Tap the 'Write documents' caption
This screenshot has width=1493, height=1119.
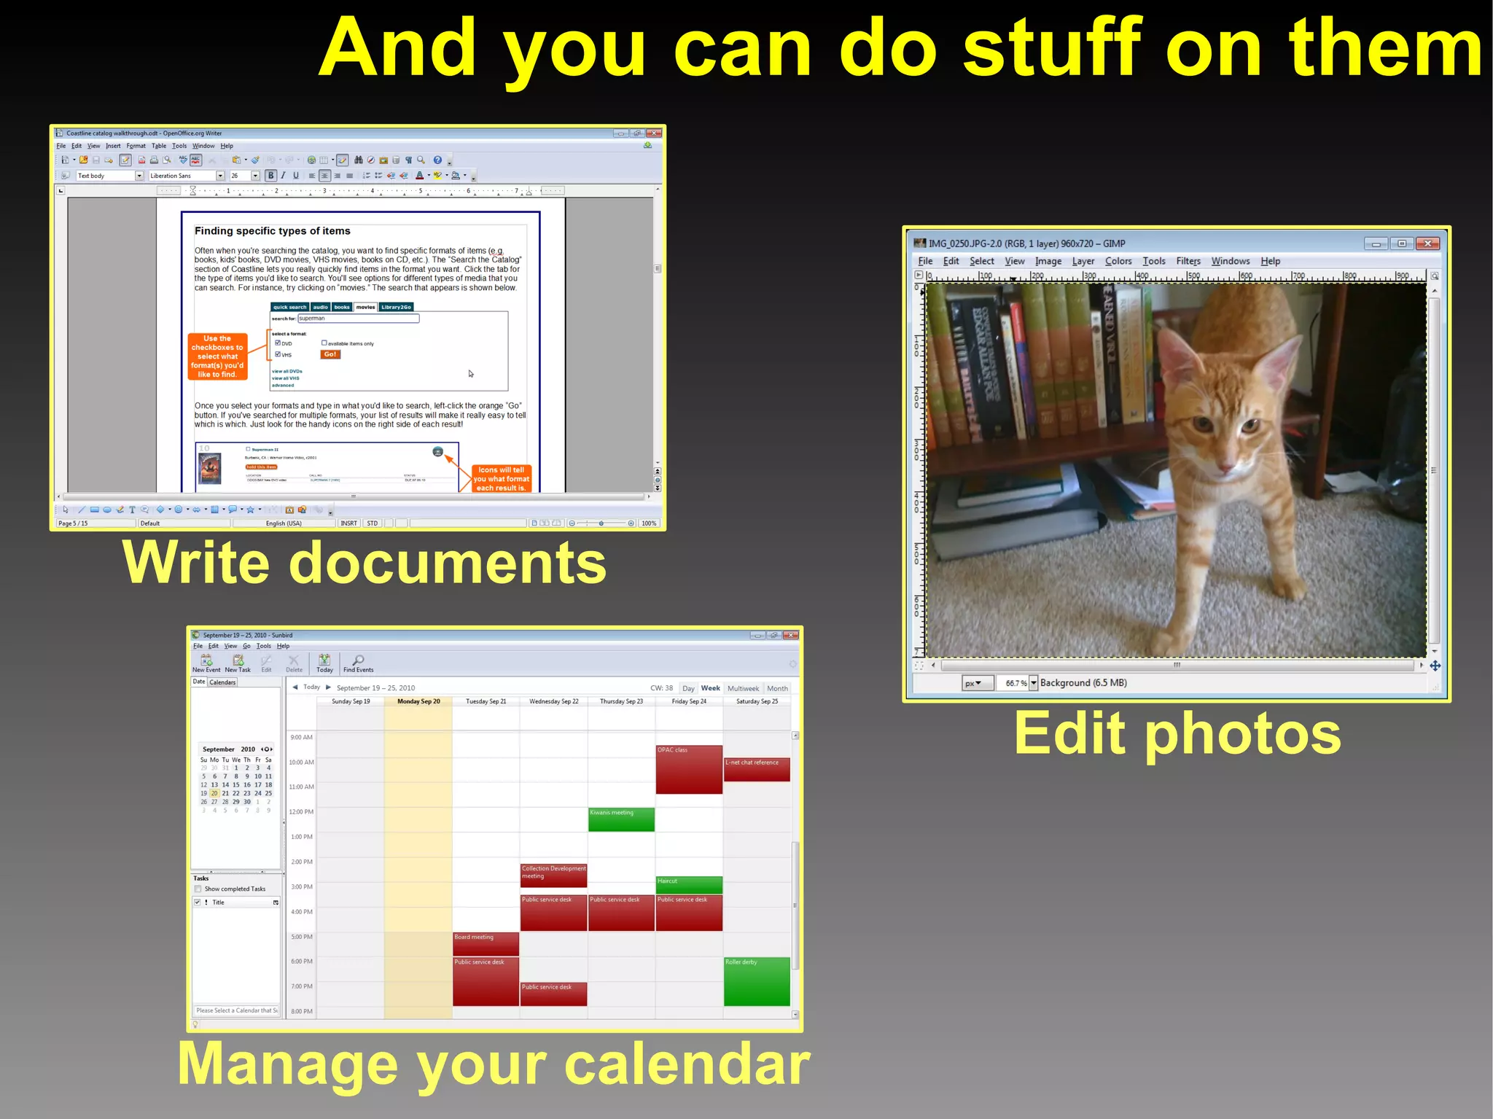365,563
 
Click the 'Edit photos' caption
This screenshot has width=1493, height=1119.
1177,733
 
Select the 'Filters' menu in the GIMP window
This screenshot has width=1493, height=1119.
1188,261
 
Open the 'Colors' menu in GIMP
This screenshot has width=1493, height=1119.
1118,261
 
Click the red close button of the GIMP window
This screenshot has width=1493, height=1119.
1427,243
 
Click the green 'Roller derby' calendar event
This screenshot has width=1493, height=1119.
757,981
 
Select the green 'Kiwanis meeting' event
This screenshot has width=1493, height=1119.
621,819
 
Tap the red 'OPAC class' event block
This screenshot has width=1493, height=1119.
688,769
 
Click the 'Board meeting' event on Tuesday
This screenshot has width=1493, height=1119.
486,943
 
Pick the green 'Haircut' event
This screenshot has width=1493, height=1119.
688,885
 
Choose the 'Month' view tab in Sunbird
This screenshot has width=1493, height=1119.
777,688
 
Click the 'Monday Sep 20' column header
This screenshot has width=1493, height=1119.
418,701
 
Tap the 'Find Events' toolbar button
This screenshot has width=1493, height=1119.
358,663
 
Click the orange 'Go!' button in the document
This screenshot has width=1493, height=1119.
330,354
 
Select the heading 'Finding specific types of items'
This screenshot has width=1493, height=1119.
272,231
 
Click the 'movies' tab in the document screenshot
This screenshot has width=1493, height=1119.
365,307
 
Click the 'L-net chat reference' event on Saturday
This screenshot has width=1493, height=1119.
757,769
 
